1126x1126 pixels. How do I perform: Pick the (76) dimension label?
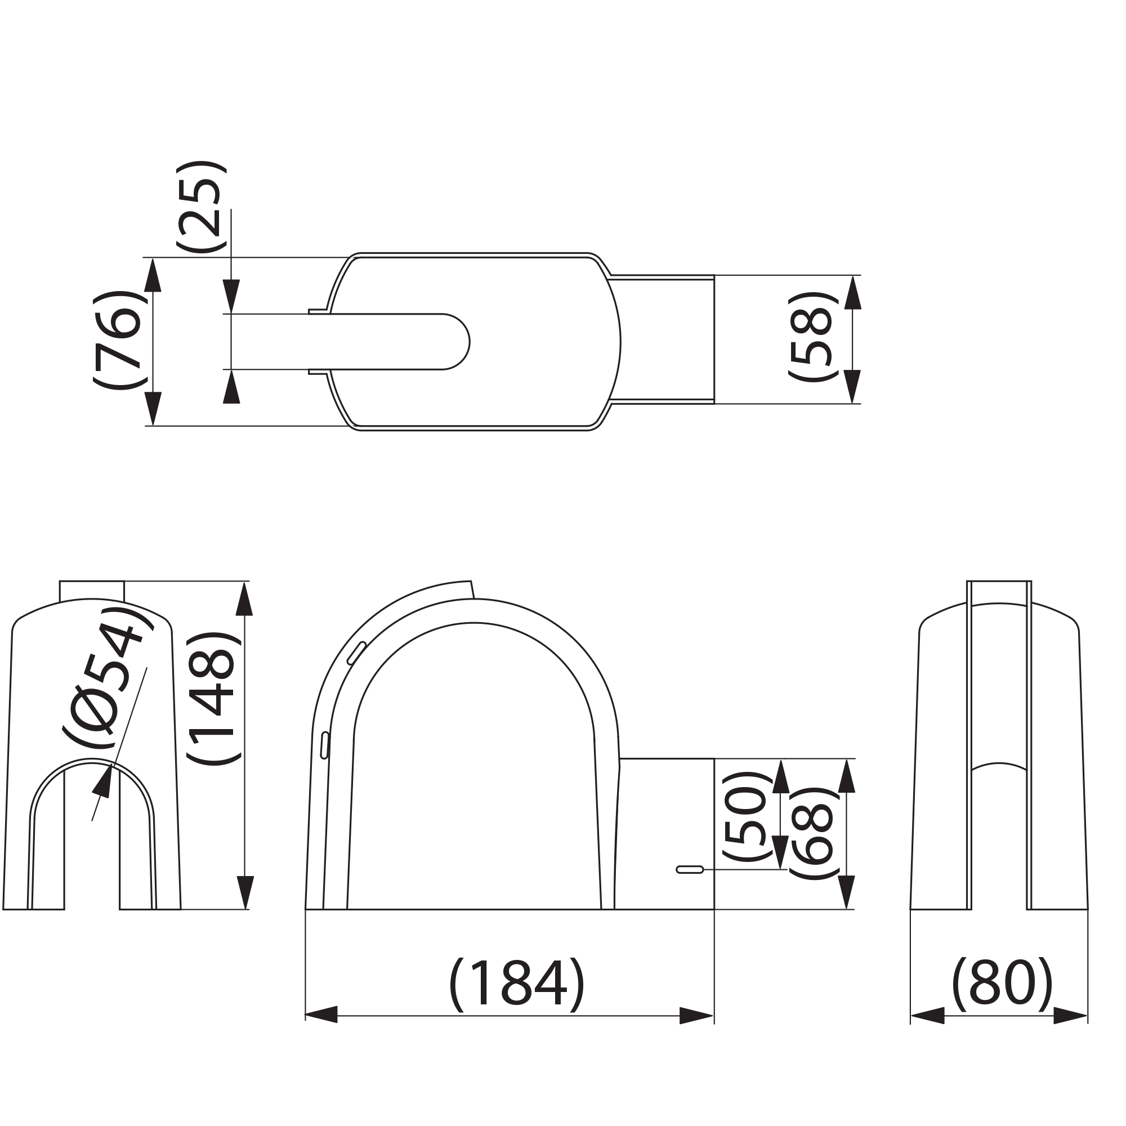coord(118,340)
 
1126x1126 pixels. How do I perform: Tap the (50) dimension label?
coord(747,816)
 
